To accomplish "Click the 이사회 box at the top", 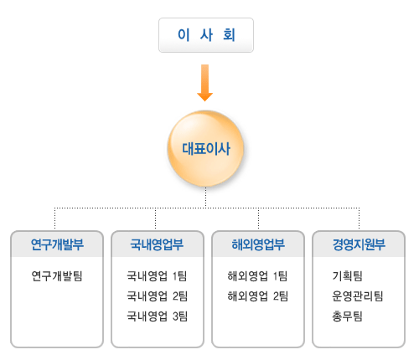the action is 206,35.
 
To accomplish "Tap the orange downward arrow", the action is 205,83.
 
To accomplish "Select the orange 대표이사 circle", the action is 206,148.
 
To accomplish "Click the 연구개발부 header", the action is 57,244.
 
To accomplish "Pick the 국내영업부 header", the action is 158,244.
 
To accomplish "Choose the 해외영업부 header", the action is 258,244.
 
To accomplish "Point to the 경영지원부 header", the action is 359,244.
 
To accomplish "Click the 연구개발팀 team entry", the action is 57,276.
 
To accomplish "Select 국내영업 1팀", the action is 157,276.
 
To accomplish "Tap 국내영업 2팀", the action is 157,296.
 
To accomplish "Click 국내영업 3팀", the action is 157,316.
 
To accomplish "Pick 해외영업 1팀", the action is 257,276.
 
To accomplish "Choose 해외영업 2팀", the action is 257,296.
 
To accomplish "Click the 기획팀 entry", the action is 347,276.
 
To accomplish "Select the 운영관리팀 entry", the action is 358,296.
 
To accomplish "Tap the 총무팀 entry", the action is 347,316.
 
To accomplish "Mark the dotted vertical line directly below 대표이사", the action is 206,198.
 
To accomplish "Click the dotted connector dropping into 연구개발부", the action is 55,219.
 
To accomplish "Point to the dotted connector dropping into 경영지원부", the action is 360,219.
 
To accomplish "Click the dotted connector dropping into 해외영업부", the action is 258,219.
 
